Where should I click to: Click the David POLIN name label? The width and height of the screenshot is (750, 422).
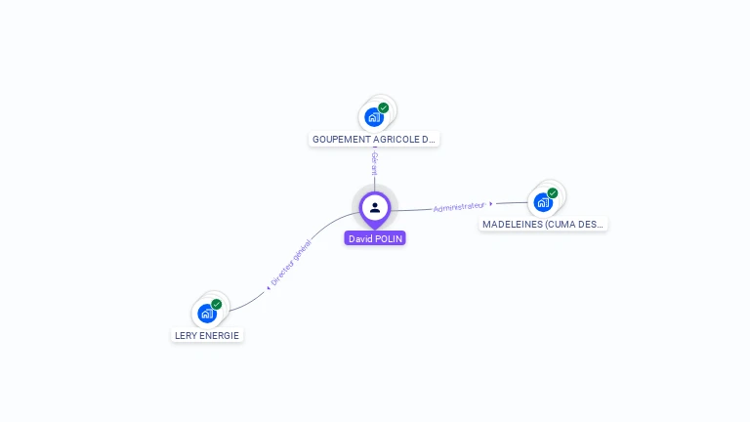coord(375,238)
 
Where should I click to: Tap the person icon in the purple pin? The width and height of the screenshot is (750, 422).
coord(375,207)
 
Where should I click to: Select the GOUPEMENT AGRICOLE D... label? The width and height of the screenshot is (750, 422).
coord(374,140)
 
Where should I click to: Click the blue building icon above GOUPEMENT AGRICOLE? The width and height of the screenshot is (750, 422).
coord(373,117)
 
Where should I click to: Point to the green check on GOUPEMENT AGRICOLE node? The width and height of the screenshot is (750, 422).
coord(384,108)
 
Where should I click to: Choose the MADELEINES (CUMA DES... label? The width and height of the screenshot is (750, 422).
coord(544,224)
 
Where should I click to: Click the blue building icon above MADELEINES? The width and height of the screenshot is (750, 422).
coord(542,202)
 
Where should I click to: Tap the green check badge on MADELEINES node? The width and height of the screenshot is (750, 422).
coord(553,193)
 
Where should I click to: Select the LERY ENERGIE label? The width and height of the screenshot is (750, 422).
coord(206,335)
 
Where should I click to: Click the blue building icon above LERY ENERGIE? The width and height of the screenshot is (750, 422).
coord(206,314)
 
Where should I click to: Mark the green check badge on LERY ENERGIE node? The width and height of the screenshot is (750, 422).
coord(217,305)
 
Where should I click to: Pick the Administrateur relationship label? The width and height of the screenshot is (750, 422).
coord(458,207)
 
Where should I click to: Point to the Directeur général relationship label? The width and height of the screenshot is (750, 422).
coord(291,264)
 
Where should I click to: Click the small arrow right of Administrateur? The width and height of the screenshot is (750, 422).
coord(490,204)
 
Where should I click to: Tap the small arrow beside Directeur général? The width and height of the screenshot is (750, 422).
coord(268,288)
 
